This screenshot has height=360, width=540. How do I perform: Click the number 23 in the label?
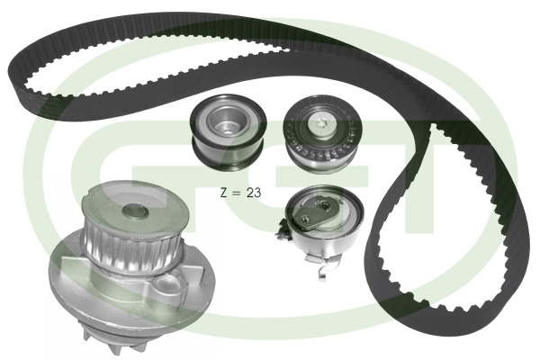coord(254,193)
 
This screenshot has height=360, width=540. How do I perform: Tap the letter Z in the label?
coord(224,193)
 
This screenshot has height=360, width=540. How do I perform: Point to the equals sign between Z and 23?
coord(237,193)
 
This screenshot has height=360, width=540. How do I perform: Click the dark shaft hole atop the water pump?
coord(135,211)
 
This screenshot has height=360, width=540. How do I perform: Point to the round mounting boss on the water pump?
coord(167,284)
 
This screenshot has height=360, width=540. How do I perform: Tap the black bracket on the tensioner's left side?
coord(283,230)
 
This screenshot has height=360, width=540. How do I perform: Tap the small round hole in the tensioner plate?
coord(304,218)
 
